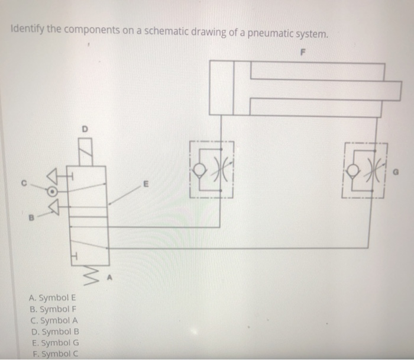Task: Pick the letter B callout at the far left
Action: (25, 217)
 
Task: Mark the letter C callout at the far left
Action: (25, 181)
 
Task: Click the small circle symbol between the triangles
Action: (53, 191)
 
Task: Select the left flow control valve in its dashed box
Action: (212, 169)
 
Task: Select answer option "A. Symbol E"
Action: (51, 298)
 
